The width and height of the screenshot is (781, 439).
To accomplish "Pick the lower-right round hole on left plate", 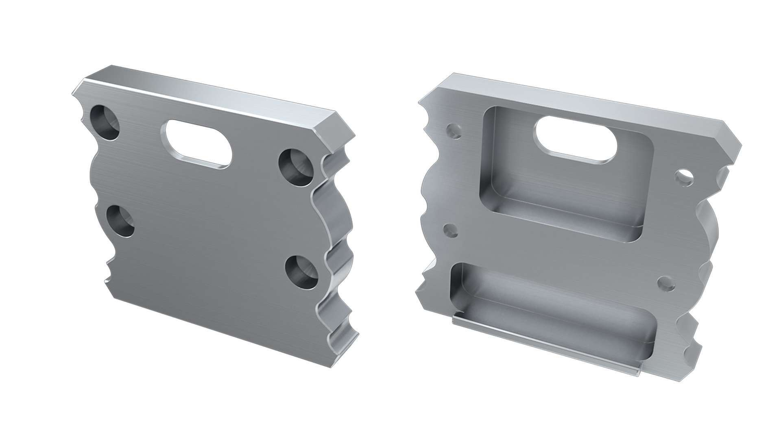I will point(301,272).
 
